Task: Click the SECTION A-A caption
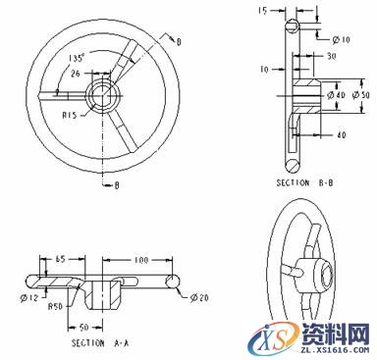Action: pos(98,344)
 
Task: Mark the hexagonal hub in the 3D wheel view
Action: pos(321,267)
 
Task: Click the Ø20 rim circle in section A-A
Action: pos(174,283)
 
